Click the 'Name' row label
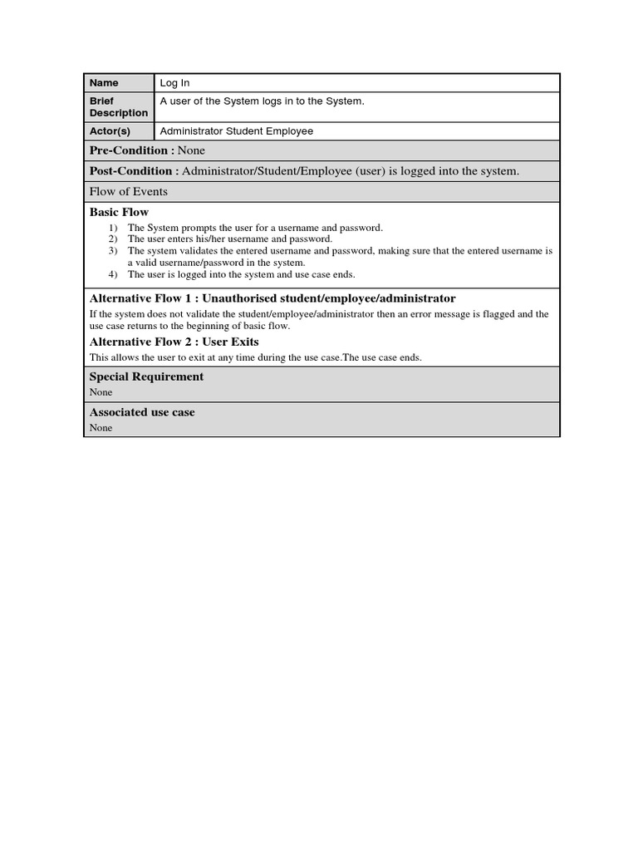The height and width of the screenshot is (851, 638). point(104,83)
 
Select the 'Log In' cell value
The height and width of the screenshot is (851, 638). point(174,83)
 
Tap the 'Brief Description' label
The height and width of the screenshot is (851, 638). point(118,107)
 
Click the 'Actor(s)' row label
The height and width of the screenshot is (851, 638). point(110,131)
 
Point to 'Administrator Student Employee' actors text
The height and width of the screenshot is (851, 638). point(236,131)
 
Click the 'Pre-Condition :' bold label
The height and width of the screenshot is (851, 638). point(131,150)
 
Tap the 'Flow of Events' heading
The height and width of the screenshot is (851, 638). point(128,192)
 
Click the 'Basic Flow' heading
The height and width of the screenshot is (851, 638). point(119,212)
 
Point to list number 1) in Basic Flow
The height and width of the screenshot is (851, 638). point(113,228)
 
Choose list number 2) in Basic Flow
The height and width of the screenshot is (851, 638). point(113,239)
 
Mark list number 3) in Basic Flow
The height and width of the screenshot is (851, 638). point(113,250)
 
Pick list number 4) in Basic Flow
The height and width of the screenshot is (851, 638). point(113,274)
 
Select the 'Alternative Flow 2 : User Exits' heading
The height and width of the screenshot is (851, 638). point(174,342)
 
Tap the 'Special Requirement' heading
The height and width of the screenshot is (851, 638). point(146,376)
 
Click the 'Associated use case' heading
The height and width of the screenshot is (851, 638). point(142,412)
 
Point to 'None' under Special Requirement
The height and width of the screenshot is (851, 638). point(101,392)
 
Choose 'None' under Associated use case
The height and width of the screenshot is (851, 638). point(101,428)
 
